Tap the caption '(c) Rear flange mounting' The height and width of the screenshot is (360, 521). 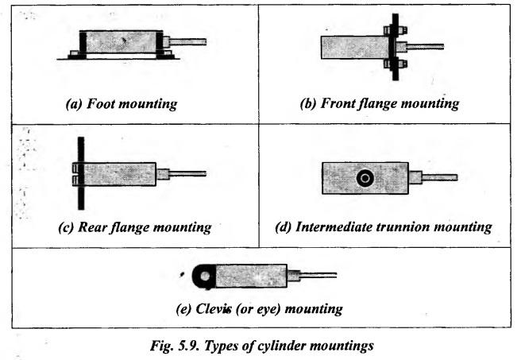click(134, 227)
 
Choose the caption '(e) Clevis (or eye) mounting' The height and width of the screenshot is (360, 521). click(259, 308)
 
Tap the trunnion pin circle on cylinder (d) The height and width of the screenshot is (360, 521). click(365, 178)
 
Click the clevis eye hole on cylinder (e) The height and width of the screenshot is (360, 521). click(205, 276)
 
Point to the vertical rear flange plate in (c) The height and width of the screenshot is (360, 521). click(81, 172)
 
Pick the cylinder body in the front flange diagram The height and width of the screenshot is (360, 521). click(349, 48)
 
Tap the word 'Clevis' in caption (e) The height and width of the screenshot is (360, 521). click(210, 308)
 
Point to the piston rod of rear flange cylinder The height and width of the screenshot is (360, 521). click(187, 173)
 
